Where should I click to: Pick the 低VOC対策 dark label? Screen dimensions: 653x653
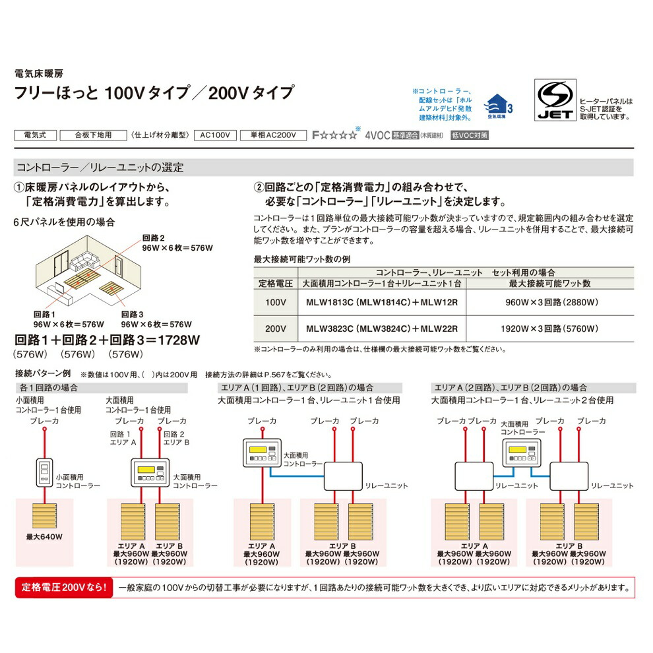(470, 135)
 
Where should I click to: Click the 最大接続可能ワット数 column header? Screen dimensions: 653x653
(550, 283)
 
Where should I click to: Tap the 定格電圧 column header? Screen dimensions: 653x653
(276, 283)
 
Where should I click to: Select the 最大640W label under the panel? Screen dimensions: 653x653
(44, 538)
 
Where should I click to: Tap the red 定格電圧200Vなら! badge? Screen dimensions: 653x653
(63, 586)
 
